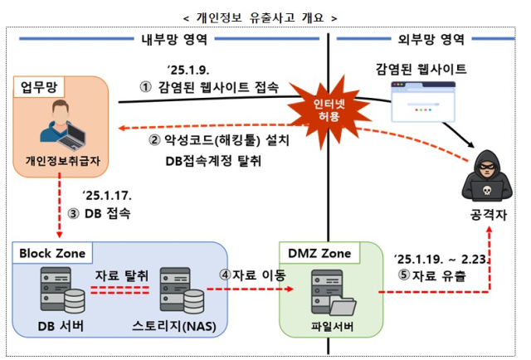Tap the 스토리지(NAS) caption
pos(175,326)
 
